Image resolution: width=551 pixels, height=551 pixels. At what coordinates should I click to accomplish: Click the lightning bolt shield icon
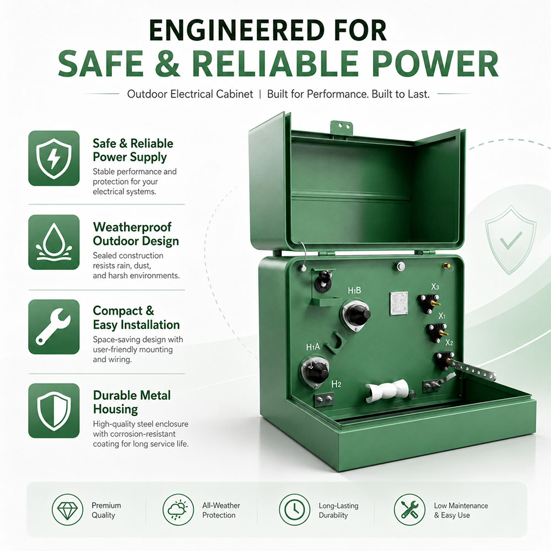coord(54,159)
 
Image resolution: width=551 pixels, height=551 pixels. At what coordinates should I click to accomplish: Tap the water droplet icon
coord(54,242)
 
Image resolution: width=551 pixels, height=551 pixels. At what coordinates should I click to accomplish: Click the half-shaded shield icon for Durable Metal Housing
coord(54,410)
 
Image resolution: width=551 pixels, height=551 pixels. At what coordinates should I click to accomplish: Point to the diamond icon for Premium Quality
coord(67,510)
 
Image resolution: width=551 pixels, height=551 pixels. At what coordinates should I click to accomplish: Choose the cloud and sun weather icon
coord(178,510)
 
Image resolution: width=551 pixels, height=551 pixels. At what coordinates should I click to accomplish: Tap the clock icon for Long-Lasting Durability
coord(294,510)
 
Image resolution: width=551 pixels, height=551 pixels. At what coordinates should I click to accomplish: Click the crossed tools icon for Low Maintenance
coord(409,510)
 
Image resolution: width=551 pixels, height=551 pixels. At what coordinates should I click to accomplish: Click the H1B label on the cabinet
coord(354,290)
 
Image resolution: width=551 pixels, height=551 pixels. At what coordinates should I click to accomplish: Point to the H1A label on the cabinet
coord(313,347)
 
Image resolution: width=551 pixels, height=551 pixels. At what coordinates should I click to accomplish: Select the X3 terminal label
coord(435,287)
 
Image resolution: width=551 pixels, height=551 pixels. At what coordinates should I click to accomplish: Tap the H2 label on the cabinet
coord(336,384)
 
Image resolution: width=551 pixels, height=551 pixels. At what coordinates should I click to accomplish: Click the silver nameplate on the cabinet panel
coord(399,303)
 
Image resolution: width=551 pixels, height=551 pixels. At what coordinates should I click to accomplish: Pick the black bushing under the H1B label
coord(356,315)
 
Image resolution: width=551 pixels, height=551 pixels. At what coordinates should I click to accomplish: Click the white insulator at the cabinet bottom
coord(387,391)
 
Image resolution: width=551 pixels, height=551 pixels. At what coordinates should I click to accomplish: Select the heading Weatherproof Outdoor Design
coord(136,234)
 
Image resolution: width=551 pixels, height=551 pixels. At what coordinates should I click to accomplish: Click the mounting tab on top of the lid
coord(341,127)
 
